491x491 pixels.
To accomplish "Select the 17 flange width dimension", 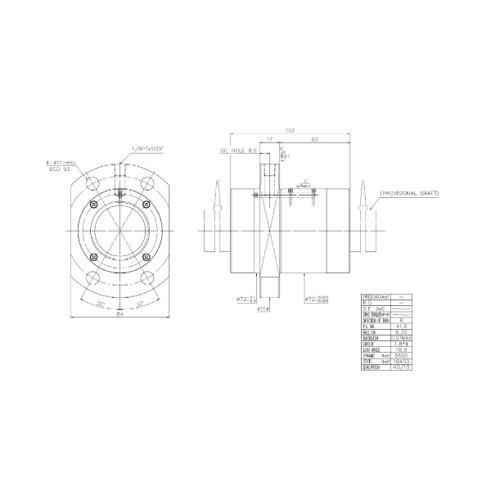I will (269, 139).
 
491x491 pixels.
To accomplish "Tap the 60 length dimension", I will (315, 139).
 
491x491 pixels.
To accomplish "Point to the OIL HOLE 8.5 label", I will (239, 151).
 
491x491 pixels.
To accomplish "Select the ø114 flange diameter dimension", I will (264, 309).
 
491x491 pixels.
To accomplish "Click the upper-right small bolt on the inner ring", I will (146, 204).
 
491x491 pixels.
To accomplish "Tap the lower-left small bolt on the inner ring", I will (96, 257).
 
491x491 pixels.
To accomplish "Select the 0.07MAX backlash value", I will (399, 337).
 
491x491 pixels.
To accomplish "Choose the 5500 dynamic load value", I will (399, 357).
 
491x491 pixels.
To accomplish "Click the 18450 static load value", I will (399, 363).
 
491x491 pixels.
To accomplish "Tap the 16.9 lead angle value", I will (399, 350).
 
